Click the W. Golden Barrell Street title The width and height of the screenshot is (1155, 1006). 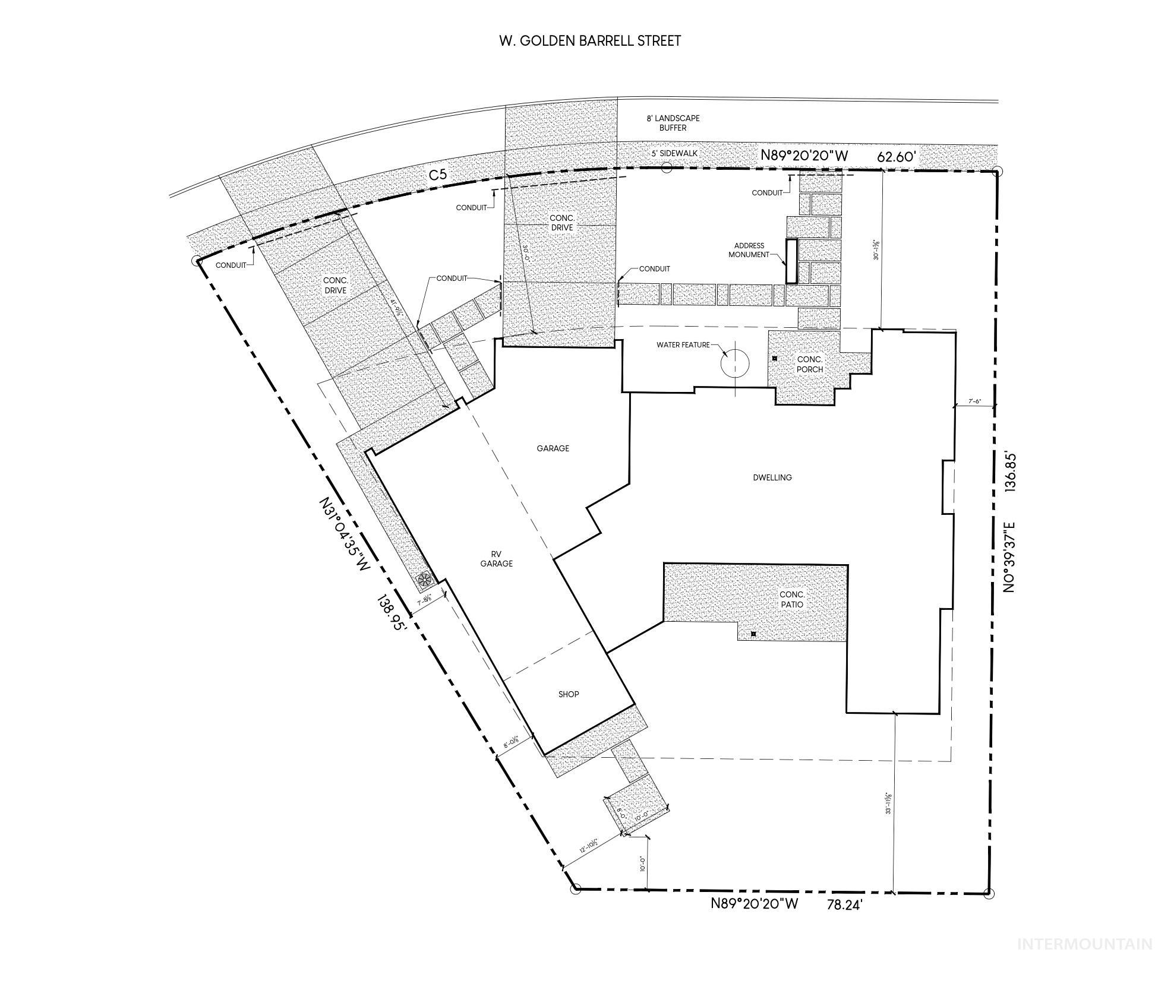(589, 41)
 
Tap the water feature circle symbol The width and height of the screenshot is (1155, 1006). (735, 363)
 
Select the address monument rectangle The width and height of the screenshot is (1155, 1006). (791, 261)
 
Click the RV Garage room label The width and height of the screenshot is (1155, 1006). (496, 559)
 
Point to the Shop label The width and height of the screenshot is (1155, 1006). (569, 694)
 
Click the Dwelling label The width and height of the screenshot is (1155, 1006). (772, 477)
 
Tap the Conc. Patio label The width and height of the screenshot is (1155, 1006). (792, 599)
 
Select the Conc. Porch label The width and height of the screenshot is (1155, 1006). (810, 364)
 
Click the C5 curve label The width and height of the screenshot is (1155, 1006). (438, 175)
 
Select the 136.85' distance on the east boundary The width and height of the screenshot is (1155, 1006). (1009, 471)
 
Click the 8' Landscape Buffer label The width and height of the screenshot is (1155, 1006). (673, 123)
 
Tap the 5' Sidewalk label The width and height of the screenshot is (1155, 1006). (674, 153)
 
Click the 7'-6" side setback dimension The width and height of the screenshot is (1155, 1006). (974, 401)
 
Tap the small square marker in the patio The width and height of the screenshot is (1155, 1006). (753, 634)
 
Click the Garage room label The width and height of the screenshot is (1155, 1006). (553, 448)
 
